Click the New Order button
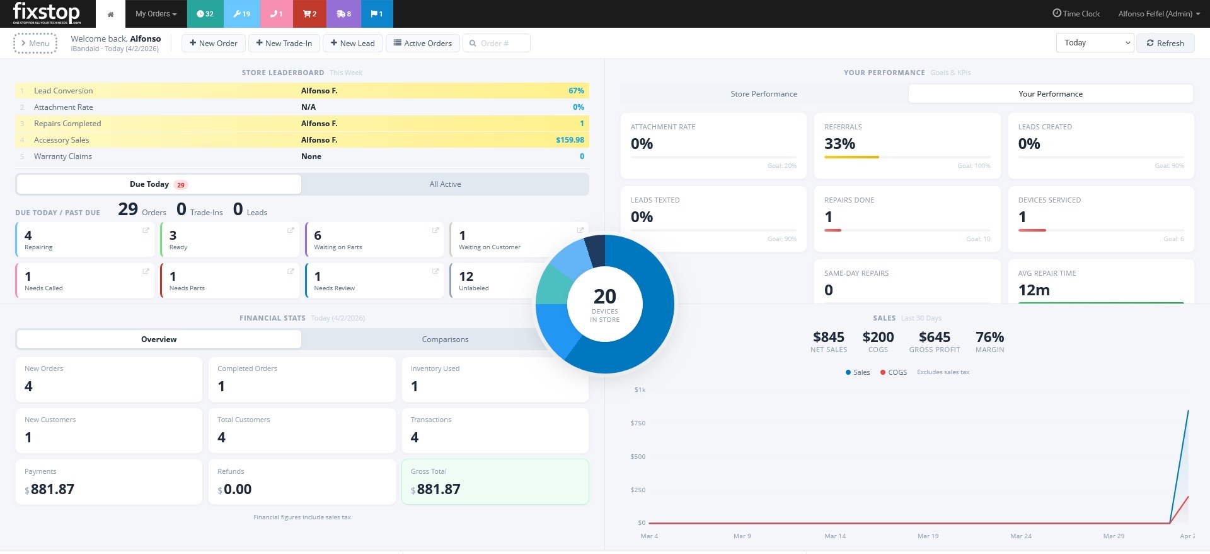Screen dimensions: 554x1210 213,43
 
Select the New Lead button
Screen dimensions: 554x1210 352,43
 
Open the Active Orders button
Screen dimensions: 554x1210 422,43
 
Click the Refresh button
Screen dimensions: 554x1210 1165,43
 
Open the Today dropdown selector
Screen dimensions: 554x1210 1094,43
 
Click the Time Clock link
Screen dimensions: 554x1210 1076,13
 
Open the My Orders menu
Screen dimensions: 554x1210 156,13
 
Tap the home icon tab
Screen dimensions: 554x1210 110,14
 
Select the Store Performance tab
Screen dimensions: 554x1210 763,93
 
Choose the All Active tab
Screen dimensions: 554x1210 445,184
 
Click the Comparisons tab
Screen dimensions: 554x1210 445,339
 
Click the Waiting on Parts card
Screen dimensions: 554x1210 374,240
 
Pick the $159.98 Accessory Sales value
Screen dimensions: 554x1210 569,140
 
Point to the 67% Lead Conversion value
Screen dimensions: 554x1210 575,91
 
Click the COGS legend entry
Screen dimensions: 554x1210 893,372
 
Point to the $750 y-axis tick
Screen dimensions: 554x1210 638,423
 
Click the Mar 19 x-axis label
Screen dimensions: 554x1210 928,536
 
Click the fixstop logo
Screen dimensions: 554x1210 47,13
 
